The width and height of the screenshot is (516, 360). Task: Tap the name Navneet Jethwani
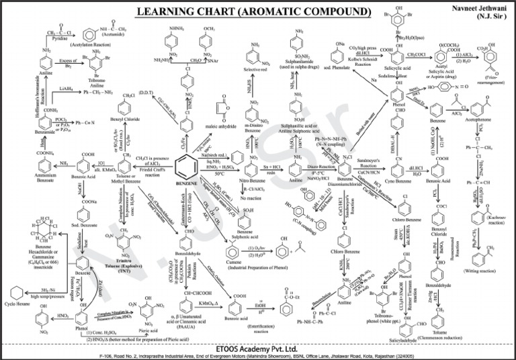pyautogui.click(x=474, y=7)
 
